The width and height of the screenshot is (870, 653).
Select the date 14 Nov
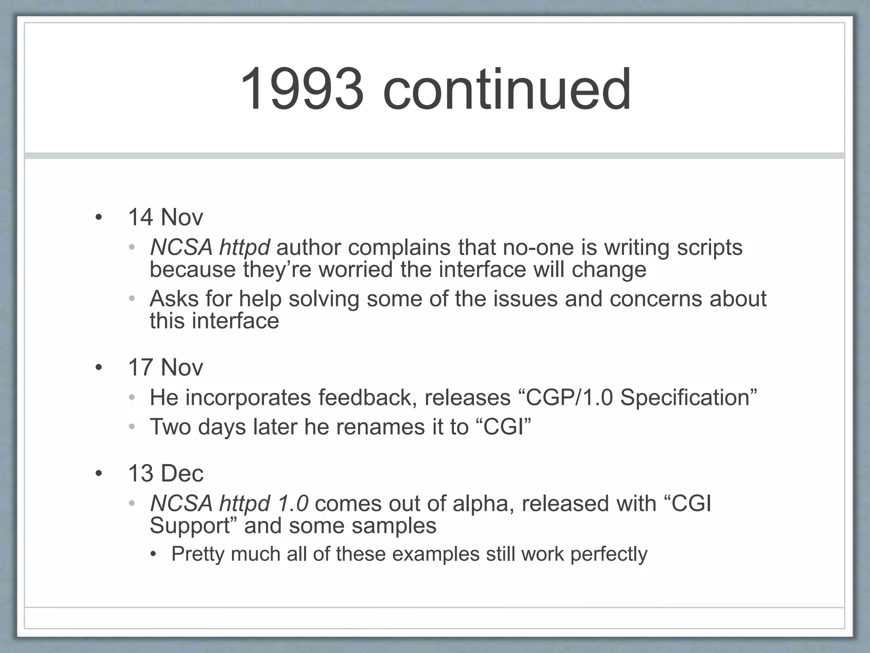(165, 217)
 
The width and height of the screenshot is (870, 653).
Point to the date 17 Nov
(165, 367)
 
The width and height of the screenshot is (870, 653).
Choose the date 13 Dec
(166, 473)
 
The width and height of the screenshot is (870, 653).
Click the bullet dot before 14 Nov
(99, 218)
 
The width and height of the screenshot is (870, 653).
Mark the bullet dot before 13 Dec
(99, 474)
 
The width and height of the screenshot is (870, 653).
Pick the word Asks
(174, 298)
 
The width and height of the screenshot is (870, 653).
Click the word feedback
(367, 397)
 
